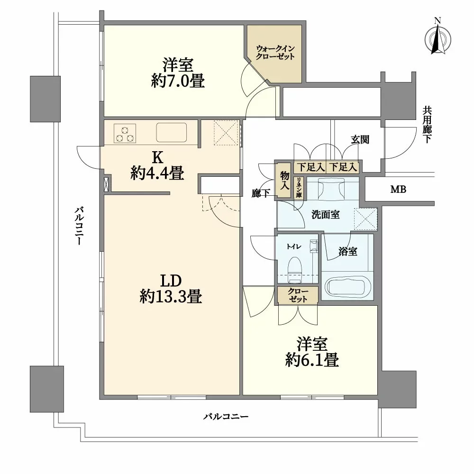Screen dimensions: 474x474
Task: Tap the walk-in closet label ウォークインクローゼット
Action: [275, 52]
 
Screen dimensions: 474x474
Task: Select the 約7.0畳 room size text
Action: [178, 82]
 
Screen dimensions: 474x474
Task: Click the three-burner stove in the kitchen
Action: [125, 133]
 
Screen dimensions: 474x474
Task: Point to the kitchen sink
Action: [172, 133]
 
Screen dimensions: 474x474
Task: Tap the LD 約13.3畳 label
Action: [171, 289]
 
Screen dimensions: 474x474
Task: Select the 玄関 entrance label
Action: [360, 140]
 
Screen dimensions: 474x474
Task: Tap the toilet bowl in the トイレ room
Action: [295, 266]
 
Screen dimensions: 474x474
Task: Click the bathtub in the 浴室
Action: [347, 286]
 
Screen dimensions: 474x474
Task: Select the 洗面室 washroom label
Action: [325, 214]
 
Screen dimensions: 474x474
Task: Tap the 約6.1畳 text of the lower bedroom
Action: [312, 360]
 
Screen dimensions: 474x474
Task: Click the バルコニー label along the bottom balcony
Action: [226, 417]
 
